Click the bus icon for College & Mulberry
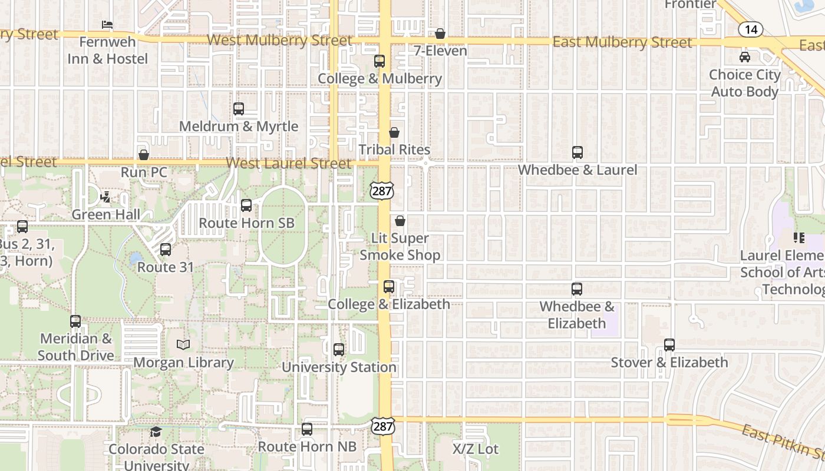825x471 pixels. (x=379, y=61)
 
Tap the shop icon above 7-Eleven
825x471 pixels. (x=440, y=34)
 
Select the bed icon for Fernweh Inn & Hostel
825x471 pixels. (x=107, y=25)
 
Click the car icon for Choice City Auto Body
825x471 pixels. (x=745, y=57)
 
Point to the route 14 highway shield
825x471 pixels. (x=750, y=29)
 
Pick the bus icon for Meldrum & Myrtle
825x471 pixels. (x=239, y=109)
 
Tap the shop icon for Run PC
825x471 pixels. (x=144, y=155)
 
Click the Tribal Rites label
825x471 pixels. (x=394, y=150)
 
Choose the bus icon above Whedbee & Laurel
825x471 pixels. (x=577, y=152)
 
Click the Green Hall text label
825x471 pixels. (x=106, y=214)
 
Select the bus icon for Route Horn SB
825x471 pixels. (x=246, y=205)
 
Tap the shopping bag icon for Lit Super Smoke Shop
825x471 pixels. (x=400, y=221)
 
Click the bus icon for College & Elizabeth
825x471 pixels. (x=389, y=287)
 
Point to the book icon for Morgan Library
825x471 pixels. (x=183, y=345)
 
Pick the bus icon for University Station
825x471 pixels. (x=339, y=350)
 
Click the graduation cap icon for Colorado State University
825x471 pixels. (x=156, y=432)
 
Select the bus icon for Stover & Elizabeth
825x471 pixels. (x=669, y=345)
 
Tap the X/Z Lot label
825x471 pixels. (x=476, y=449)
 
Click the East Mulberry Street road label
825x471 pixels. (x=622, y=42)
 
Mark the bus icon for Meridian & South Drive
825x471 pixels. (x=75, y=321)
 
